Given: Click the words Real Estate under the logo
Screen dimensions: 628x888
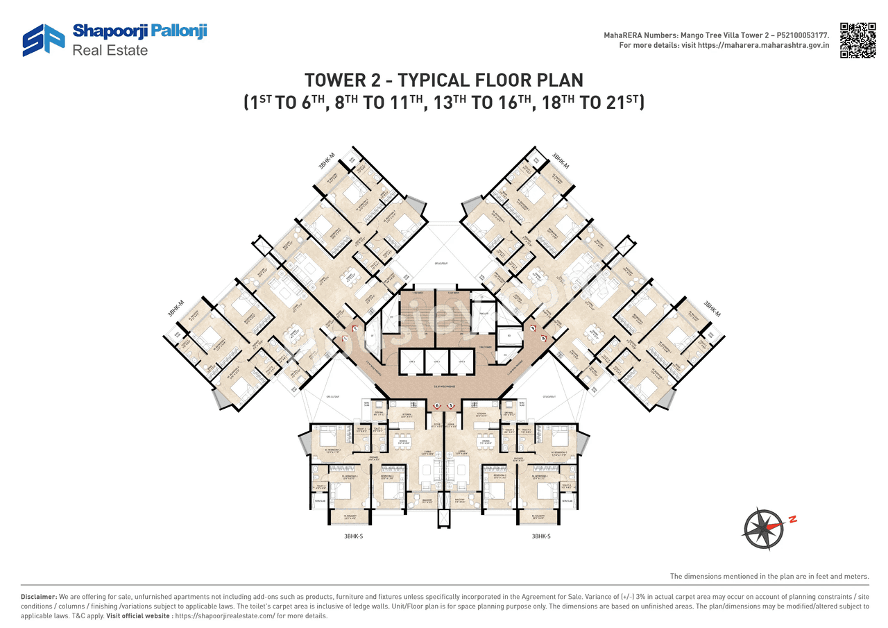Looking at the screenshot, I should click(x=110, y=51).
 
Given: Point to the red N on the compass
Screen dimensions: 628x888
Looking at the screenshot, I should click(x=792, y=518).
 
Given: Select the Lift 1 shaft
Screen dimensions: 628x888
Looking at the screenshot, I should click(x=411, y=361).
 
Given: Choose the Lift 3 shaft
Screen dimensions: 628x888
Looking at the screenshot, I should click(x=459, y=361).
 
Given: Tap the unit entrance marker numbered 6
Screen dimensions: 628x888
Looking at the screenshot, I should click(x=437, y=405).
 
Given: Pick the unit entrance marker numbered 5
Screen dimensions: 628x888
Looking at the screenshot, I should click(x=451, y=405).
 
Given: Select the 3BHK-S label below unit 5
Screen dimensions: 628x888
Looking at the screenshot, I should click(x=542, y=536).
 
